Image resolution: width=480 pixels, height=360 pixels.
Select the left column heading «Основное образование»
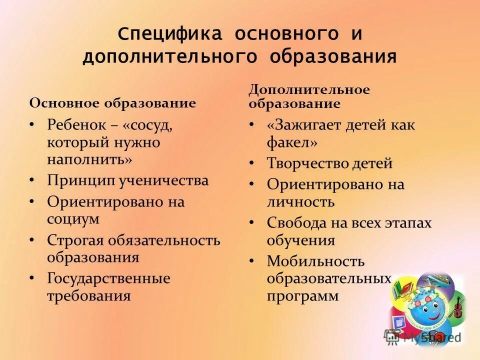(x=112, y=103)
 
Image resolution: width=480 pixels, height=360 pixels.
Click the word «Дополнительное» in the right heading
(x=309, y=90)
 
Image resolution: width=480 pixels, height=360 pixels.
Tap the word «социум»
(x=73, y=218)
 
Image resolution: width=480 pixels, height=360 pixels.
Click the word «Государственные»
(x=108, y=278)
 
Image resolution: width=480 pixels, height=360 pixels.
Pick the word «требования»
(x=89, y=295)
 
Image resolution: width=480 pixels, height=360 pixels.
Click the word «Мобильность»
(x=315, y=261)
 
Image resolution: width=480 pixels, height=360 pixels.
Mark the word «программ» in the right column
(x=303, y=296)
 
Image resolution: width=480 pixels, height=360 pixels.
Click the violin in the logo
(x=457, y=306)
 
